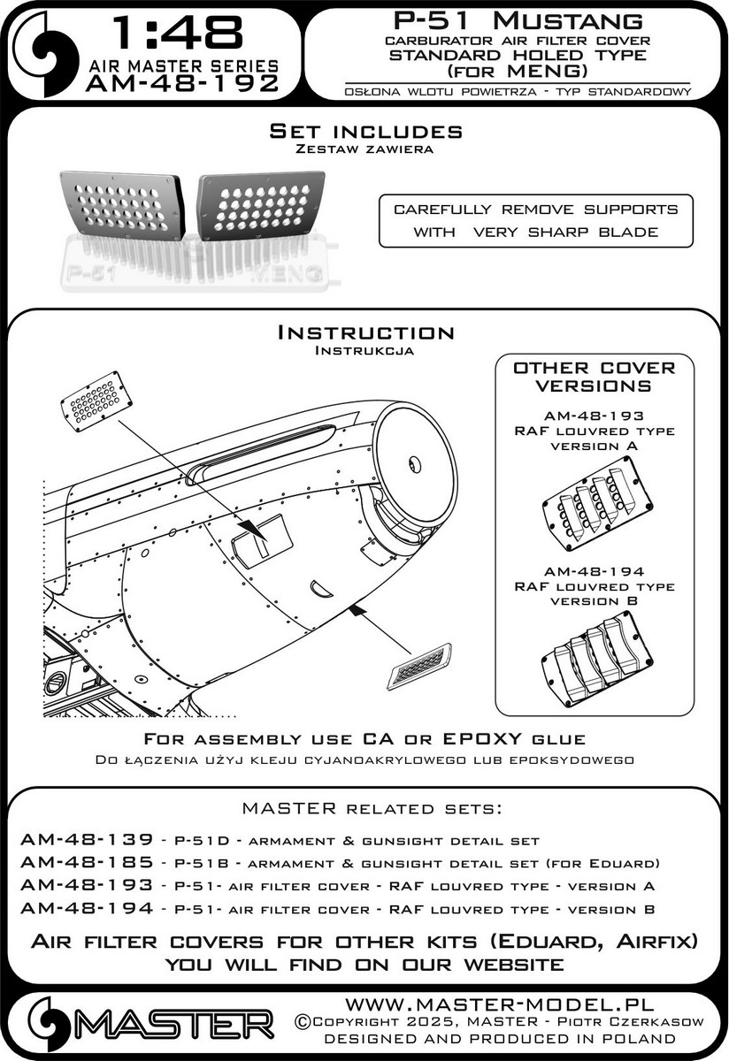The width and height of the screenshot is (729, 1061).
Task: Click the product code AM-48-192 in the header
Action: coord(182,83)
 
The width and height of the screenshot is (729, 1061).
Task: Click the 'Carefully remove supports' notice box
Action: coord(536,221)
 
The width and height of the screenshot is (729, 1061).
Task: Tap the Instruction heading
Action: coord(365,333)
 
